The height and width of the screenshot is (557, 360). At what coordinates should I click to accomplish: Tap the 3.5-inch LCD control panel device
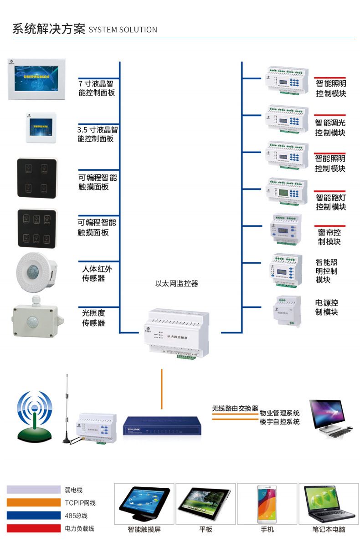pos(41,128)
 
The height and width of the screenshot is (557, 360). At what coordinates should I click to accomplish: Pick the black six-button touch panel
pos(37,228)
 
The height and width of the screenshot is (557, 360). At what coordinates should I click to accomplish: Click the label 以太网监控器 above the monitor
pos(177,283)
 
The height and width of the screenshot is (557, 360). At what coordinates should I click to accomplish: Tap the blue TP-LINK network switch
pos(162,425)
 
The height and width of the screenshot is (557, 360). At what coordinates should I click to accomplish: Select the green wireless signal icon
pos(35,415)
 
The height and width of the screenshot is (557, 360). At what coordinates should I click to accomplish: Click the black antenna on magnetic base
pos(67,410)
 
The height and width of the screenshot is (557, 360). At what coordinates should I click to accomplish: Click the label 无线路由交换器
pos(235,409)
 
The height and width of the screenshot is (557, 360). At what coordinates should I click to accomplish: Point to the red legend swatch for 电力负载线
pos(34,528)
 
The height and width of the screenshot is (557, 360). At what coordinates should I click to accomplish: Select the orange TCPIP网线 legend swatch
pos(34,503)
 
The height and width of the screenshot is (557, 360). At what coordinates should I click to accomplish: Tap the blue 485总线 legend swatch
pos(34,516)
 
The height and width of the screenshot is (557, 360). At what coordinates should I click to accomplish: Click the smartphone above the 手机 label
pos(267,503)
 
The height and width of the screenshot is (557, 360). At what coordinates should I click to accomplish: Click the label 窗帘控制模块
pos(329,237)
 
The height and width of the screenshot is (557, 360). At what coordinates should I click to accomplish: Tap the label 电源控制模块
pos(327,307)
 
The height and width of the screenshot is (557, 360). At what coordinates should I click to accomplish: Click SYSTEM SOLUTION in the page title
pos(123,30)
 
